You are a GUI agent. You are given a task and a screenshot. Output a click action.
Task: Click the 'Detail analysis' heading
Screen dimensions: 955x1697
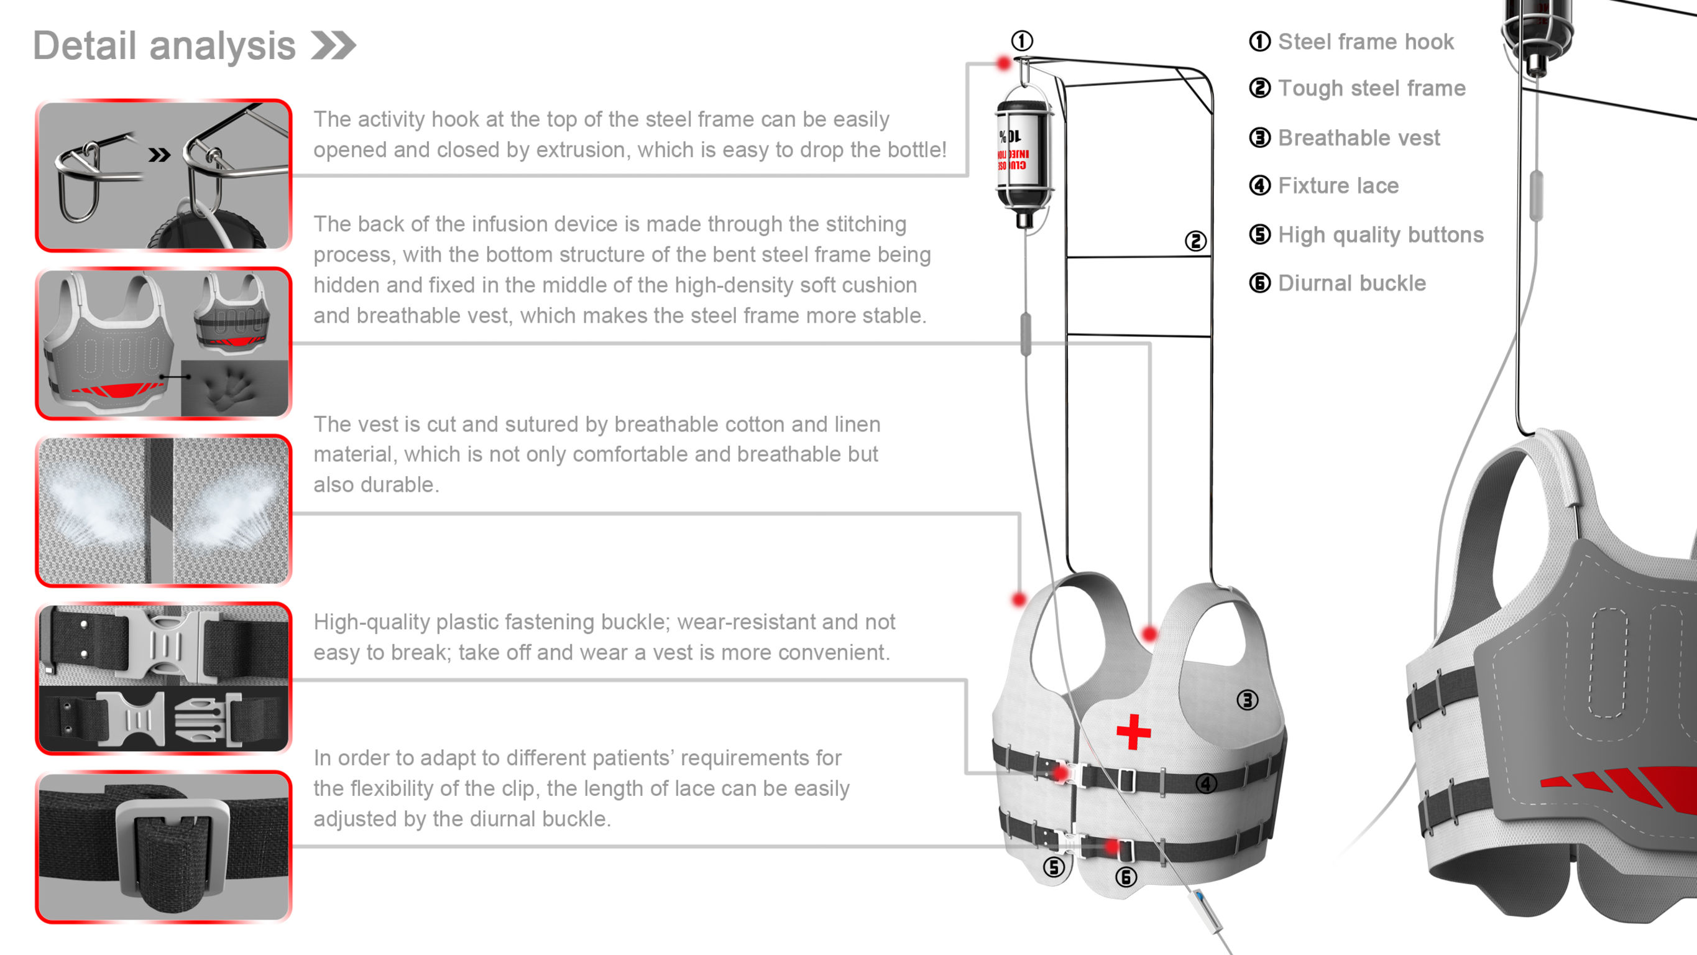coord(164,46)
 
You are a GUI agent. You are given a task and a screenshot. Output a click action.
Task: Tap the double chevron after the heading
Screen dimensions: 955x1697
coord(333,45)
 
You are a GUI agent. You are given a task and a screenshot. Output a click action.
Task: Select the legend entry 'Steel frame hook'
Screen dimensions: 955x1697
coord(1365,42)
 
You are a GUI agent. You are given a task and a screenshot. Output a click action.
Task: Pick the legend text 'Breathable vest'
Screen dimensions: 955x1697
coord(1358,138)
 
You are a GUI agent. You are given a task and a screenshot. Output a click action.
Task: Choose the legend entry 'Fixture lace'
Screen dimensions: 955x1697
coord(1338,185)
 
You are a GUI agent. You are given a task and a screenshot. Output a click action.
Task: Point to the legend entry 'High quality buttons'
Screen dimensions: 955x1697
coord(1380,234)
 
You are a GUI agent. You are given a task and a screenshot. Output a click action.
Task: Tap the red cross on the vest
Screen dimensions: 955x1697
coord(1133,732)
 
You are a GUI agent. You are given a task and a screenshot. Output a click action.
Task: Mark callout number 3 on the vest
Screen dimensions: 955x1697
coord(1247,700)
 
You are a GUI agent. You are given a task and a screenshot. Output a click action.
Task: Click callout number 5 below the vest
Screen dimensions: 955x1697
coord(1054,867)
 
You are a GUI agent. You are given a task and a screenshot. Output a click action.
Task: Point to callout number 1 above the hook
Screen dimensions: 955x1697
coord(1022,41)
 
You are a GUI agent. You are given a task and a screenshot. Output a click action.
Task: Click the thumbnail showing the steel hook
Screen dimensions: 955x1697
coord(163,175)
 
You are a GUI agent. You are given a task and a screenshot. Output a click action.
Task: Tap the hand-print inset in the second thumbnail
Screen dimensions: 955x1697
coord(234,387)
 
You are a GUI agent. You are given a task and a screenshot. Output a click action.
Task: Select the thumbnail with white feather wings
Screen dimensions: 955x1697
coord(163,511)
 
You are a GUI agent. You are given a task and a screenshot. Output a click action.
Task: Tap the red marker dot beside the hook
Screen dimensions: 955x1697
coord(1003,63)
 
